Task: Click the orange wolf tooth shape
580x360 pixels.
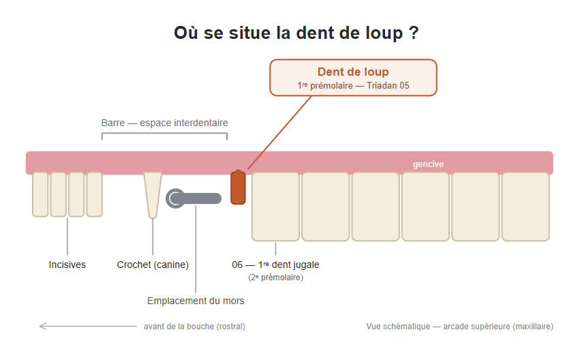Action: pyautogui.click(x=238, y=187)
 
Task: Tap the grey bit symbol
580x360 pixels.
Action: pyautogui.click(x=194, y=198)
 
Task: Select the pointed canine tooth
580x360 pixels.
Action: pyautogui.click(x=153, y=195)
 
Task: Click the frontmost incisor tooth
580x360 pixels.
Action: pyautogui.click(x=40, y=194)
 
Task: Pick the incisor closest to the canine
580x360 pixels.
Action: pyautogui.click(x=94, y=194)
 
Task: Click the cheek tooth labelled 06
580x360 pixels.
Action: pyautogui.click(x=275, y=207)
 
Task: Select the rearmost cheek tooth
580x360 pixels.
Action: pyautogui.click(x=525, y=207)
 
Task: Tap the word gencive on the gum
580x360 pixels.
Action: pyautogui.click(x=428, y=164)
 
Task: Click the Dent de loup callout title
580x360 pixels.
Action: pyautogui.click(x=353, y=72)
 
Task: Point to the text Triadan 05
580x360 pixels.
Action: pyautogui.click(x=388, y=85)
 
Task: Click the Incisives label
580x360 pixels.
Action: pyautogui.click(x=67, y=265)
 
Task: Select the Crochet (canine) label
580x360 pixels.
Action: pyautogui.click(x=153, y=265)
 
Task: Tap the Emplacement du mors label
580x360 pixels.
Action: pyautogui.click(x=196, y=301)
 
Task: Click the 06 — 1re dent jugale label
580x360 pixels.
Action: pyautogui.click(x=275, y=265)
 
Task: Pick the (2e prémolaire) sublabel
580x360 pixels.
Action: pyautogui.click(x=275, y=277)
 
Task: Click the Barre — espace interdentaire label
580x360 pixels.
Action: pyautogui.click(x=165, y=123)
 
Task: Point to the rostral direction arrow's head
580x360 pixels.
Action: pyautogui.click(x=40, y=327)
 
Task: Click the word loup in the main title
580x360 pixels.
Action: pyautogui.click(x=384, y=33)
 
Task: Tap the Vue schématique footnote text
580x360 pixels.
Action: pyautogui.click(x=460, y=327)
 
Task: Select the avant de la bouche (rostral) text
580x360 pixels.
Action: pyautogui.click(x=194, y=327)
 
